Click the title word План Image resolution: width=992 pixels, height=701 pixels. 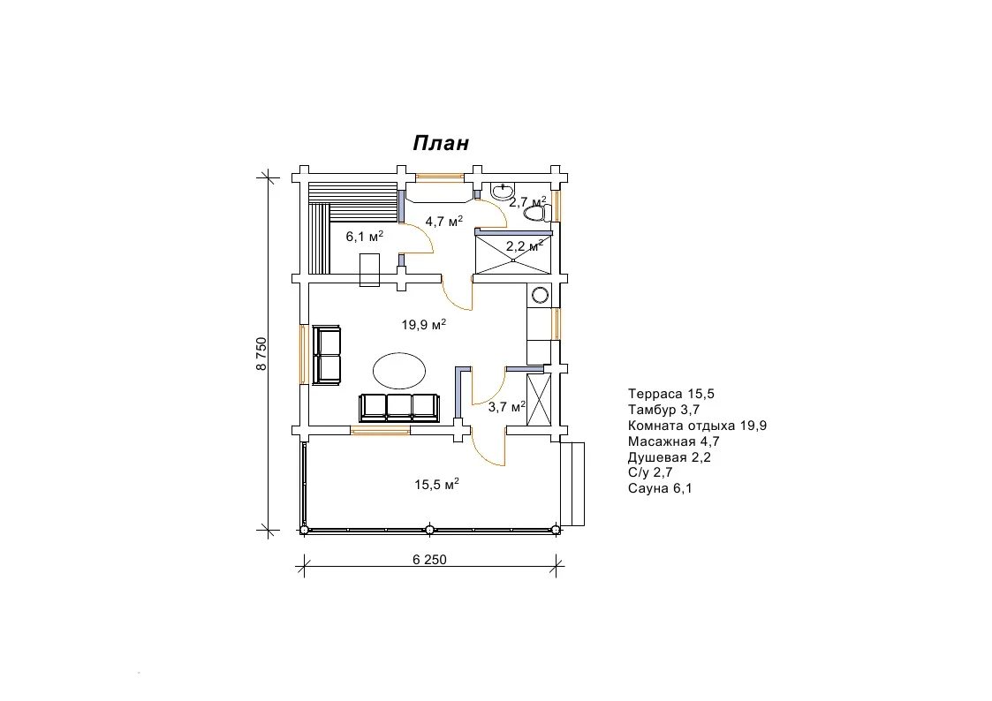pos(441,143)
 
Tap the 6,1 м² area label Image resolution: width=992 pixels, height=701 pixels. pos(365,237)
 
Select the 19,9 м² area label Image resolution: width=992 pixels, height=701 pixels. pos(423,325)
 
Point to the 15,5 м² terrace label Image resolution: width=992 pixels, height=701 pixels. pos(436,484)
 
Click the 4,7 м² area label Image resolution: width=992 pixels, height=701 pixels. pos(443,222)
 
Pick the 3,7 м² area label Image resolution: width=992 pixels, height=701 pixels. pos(507,407)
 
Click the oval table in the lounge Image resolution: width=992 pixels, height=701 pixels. pos(398,370)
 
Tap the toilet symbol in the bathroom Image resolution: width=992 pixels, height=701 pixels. pos(537,214)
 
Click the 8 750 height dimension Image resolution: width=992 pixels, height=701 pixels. pos(261,354)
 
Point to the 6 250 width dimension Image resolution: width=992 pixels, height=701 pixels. pos(429,560)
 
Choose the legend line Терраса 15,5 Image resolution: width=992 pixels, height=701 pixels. pos(671,394)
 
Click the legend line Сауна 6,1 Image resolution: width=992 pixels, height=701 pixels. pos(660,488)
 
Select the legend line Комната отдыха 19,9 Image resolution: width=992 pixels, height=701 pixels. pos(697,426)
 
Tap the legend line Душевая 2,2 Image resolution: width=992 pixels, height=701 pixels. pos(670,457)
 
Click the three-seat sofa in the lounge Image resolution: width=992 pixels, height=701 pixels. pos(399,408)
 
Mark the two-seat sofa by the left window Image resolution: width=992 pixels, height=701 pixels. pos(327,355)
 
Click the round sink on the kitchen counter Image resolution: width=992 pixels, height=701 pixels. pos(541,295)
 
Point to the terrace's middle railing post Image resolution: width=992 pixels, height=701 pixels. pos(429,530)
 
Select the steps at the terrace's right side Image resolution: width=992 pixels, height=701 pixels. pos(572,484)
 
